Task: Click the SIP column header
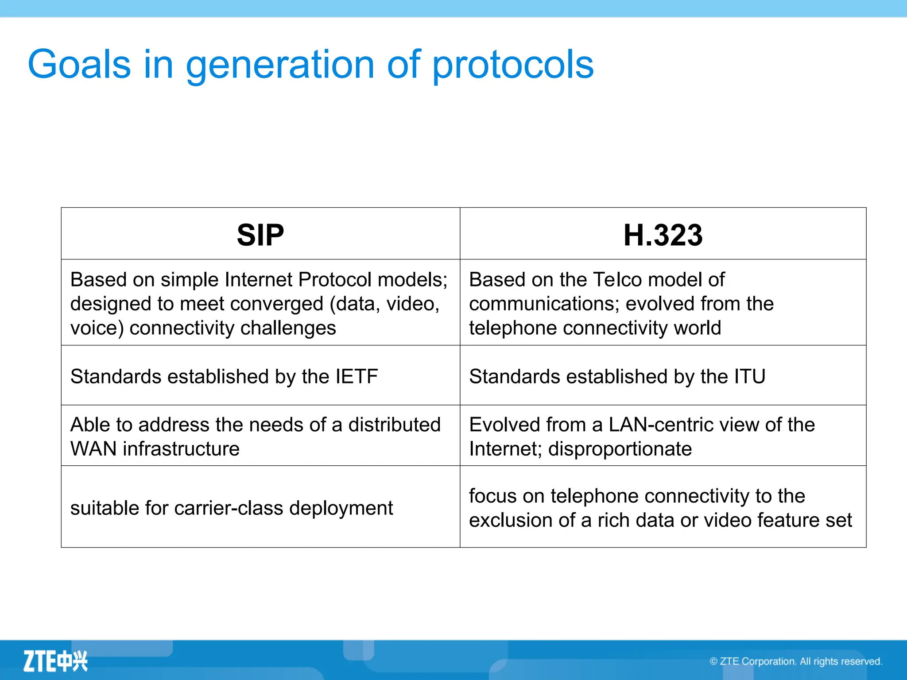coord(260,235)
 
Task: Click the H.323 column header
coord(663,235)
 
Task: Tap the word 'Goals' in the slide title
coord(79,65)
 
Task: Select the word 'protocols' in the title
coord(512,65)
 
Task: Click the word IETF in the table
coord(357,377)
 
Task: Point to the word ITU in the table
coord(749,377)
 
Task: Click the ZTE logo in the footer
coord(55,661)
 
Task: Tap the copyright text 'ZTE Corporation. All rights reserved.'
coord(800,661)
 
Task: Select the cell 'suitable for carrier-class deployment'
coord(232,508)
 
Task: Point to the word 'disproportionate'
coord(620,449)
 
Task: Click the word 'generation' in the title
coord(280,65)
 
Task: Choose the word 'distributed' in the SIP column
coord(394,425)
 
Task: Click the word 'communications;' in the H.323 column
coord(544,304)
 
